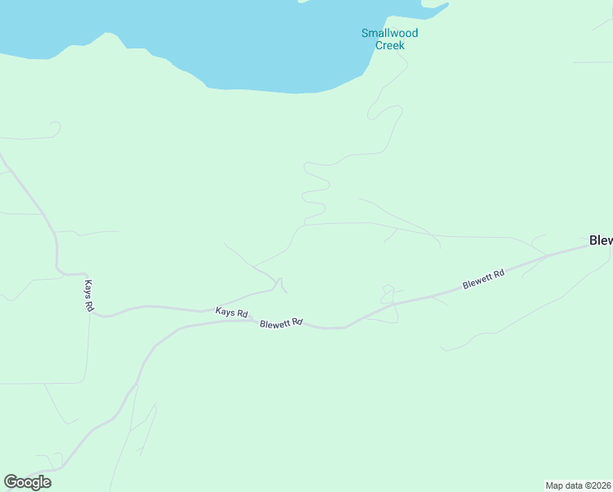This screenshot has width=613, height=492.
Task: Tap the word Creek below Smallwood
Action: click(x=389, y=46)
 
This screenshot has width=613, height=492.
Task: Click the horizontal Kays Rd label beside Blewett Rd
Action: click(x=231, y=312)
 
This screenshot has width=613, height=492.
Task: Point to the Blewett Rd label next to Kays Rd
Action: click(x=281, y=324)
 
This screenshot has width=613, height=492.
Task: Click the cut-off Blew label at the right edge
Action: click(x=600, y=240)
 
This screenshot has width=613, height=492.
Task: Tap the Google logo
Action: click(x=27, y=482)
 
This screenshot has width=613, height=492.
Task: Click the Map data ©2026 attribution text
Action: click(x=578, y=485)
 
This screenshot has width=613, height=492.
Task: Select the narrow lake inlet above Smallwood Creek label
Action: click(x=434, y=10)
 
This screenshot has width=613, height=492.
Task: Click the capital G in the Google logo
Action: click(x=11, y=482)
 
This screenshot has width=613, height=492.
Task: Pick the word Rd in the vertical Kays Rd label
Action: click(x=89, y=305)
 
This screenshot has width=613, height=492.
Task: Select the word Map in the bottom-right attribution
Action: click(x=554, y=485)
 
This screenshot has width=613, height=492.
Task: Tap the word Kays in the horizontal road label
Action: click(x=225, y=312)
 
